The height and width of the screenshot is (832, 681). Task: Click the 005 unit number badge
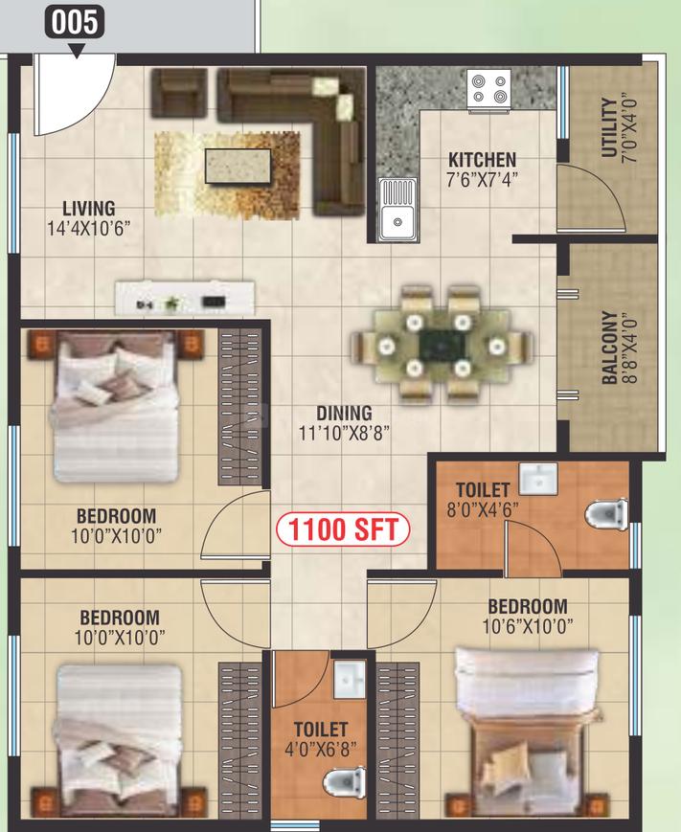click(x=75, y=23)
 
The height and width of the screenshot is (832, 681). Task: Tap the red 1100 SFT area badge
click(x=343, y=529)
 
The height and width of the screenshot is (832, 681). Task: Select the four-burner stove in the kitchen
click(x=488, y=89)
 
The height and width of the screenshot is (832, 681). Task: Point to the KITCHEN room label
click(x=482, y=160)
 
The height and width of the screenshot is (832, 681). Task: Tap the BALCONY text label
click(x=610, y=348)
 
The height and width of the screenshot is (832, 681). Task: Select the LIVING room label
click(x=89, y=209)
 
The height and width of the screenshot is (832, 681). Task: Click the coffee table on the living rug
click(x=238, y=166)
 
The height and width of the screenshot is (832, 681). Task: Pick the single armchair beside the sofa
click(x=179, y=93)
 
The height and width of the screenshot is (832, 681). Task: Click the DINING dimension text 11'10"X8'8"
click(x=344, y=433)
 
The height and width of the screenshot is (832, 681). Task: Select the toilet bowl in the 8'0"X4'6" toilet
click(x=606, y=513)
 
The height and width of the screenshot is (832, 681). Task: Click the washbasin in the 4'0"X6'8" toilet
click(x=350, y=679)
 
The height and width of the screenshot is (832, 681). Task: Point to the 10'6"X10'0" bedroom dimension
click(x=528, y=627)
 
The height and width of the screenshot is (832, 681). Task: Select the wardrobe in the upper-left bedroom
click(x=240, y=407)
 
